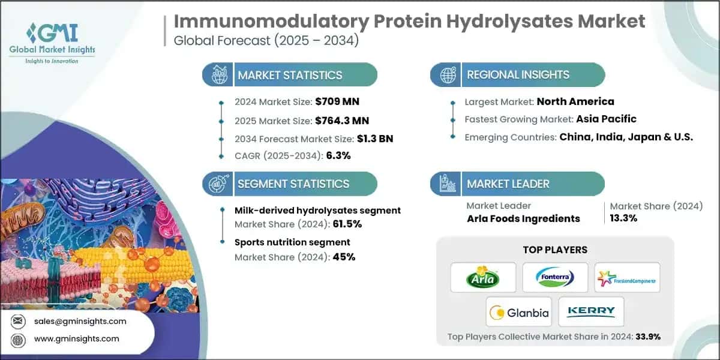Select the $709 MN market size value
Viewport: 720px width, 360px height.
[338, 101]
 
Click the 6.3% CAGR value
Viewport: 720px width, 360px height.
[338, 155]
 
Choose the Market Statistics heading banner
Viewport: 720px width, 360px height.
[290, 75]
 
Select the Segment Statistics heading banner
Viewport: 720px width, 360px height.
[290, 184]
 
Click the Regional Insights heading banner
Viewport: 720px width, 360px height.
[517, 75]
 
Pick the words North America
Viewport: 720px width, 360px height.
[575, 101]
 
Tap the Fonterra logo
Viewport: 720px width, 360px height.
[554, 278]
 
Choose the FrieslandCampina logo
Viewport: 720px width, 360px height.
[627, 278]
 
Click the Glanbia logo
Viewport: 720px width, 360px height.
[519, 311]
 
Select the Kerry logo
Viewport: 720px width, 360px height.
[591, 311]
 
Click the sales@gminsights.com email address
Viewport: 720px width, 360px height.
[80, 321]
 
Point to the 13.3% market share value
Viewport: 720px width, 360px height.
[623, 218]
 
